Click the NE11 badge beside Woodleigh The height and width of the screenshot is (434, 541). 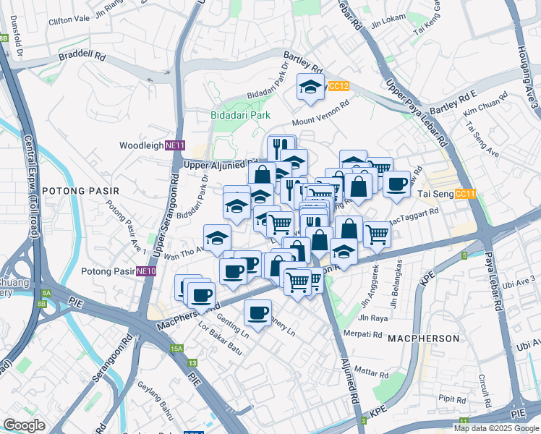(174, 145)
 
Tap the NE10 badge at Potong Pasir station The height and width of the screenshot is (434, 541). (147, 271)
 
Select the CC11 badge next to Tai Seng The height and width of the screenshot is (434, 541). (466, 194)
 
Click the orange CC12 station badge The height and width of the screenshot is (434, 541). (338, 86)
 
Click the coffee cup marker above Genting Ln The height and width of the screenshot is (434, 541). (257, 312)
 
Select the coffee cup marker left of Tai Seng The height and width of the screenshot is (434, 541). (396, 184)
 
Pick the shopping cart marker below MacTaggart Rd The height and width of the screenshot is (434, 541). (377, 234)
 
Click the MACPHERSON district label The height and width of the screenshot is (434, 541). (423, 339)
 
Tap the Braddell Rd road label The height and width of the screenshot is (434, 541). (82, 55)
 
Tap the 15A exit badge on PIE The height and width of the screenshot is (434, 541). (177, 349)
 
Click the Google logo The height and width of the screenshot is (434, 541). (24, 425)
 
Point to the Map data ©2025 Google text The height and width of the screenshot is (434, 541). (495, 428)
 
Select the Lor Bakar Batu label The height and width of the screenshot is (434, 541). (221, 342)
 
